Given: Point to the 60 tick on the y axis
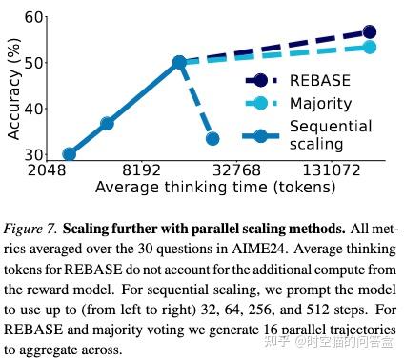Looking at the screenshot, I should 33,16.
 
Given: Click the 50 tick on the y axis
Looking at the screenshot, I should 33,62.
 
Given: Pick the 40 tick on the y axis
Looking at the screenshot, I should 33,108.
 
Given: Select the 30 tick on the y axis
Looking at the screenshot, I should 33,154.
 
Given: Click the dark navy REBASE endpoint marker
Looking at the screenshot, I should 369,32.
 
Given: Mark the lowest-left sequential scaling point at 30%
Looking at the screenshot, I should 69,153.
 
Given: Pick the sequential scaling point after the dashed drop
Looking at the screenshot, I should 212,139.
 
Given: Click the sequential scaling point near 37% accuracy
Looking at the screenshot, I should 108,124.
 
